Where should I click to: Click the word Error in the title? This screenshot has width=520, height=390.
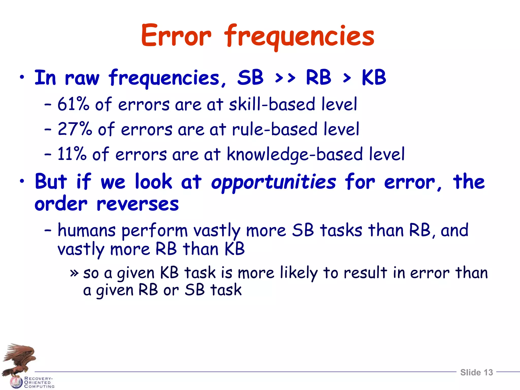pos(176,36)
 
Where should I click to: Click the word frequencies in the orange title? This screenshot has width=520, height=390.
pos(299,37)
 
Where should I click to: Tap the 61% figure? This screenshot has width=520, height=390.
pos(73,104)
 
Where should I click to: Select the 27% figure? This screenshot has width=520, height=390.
pos(75,129)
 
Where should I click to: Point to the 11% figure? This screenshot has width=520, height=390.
pos(72,154)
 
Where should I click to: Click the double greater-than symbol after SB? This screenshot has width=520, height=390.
pos(285,78)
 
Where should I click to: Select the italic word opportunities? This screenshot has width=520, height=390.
pos(273,182)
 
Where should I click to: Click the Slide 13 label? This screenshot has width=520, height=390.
pos(476,372)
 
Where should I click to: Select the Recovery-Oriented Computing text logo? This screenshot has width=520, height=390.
pos(39,382)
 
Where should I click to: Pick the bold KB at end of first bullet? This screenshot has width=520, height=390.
pos(373,77)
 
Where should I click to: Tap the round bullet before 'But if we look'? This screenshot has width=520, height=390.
pos(22,181)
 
